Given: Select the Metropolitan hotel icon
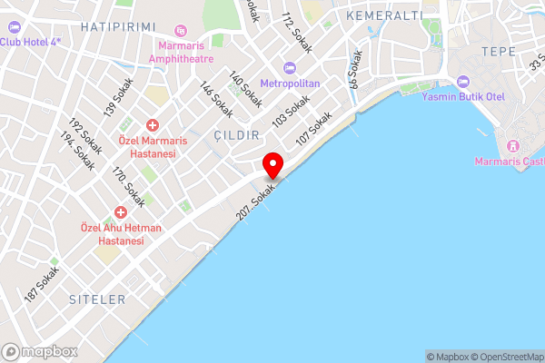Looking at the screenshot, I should click(290, 68).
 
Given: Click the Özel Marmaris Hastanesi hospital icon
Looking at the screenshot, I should click(152, 125).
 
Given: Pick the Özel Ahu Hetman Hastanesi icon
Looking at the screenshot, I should click(120, 211).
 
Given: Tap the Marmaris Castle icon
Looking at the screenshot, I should click(511, 146).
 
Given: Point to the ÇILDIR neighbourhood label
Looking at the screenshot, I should click(236, 134).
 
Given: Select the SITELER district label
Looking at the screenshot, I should click(96, 298).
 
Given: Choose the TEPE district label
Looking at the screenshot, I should click(498, 51).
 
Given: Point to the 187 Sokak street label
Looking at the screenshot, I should click(43, 284).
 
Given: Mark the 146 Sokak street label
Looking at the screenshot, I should click(216, 100).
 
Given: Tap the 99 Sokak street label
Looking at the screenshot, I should click(355, 69).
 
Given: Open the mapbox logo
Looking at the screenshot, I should click(39, 351).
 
